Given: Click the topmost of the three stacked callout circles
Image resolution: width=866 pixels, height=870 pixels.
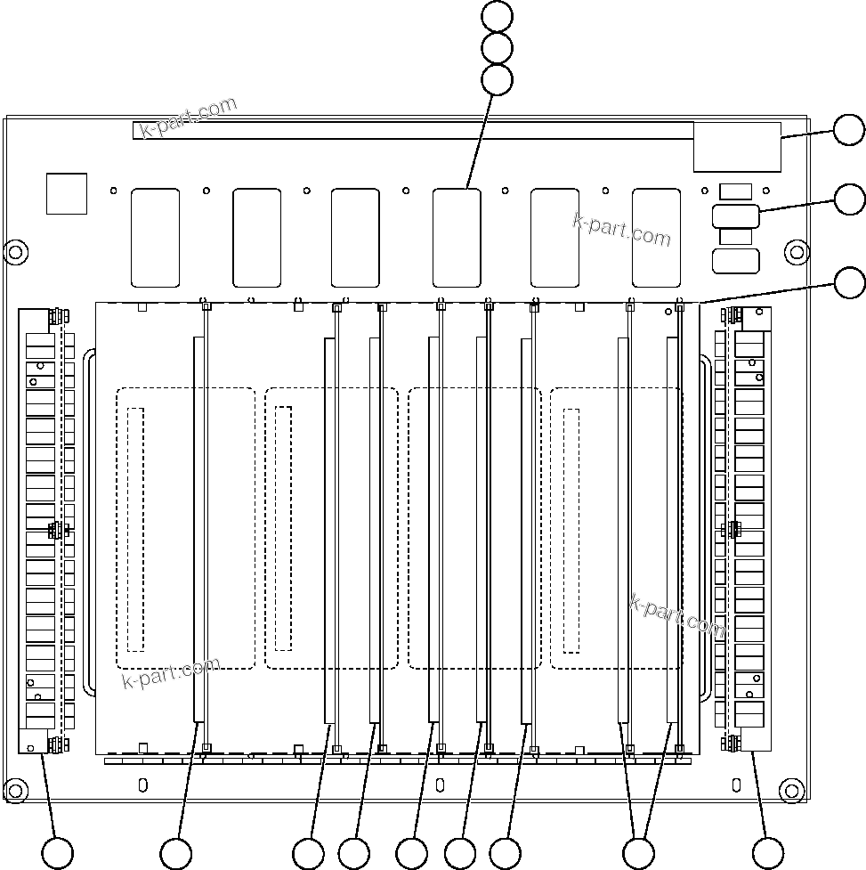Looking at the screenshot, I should click(x=497, y=15).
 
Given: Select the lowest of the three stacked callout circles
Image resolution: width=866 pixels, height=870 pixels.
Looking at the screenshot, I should click(x=497, y=80).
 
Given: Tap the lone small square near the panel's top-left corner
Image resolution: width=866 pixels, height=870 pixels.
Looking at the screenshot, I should click(x=67, y=193).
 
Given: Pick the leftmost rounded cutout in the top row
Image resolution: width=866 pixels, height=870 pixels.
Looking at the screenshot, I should click(x=155, y=237).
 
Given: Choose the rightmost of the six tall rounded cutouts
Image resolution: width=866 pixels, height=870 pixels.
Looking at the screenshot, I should click(x=656, y=237).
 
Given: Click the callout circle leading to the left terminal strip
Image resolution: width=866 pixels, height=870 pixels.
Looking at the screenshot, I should click(x=58, y=853).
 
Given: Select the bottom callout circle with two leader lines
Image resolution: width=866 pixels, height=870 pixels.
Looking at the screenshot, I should click(x=638, y=853).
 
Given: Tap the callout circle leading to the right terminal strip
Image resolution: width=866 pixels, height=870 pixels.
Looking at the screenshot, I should click(x=767, y=853).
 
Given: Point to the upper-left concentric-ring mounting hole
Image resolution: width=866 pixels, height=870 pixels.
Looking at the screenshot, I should click(x=15, y=251).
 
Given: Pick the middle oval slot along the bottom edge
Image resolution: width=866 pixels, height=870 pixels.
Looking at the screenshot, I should click(x=440, y=785).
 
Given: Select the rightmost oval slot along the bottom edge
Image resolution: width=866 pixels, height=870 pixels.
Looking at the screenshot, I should click(x=736, y=785).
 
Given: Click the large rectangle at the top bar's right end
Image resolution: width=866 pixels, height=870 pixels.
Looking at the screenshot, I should click(x=737, y=146).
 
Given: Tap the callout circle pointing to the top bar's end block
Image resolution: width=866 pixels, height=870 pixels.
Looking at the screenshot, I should click(x=849, y=131).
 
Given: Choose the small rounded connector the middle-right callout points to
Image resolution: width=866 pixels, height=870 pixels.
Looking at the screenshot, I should click(x=735, y=216).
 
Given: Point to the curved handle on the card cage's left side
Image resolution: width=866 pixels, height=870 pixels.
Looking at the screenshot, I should click(x=88, y=524).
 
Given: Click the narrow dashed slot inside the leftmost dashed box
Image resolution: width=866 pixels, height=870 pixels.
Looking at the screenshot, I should click(x=135, y=528).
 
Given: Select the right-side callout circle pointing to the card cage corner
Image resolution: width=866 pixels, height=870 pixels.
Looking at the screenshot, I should click(x=849, y=282).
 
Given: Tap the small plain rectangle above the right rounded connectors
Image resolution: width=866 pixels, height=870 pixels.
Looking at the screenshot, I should click(x=735, y=191).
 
